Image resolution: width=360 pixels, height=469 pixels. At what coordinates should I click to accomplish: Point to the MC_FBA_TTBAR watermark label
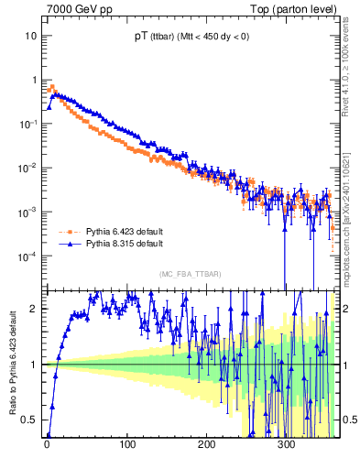coord(188,274)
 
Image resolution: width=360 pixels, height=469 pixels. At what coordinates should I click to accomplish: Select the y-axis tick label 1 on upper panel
coord(35,80)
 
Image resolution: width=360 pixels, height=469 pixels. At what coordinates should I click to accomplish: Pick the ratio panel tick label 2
coord(35,309)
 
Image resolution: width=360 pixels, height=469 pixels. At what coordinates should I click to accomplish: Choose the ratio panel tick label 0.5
coord(30,420)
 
